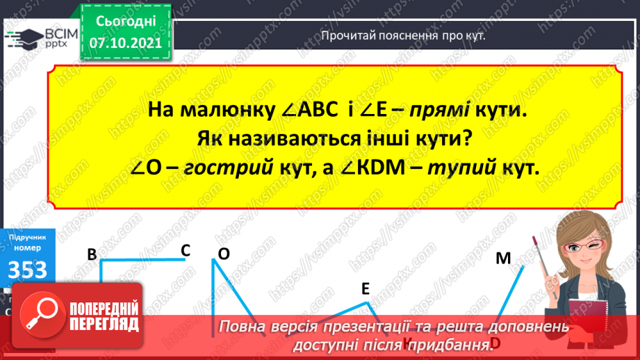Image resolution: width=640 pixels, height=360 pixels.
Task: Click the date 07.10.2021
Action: tap(125, 42)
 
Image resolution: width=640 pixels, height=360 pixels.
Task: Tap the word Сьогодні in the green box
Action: tap(125, 21)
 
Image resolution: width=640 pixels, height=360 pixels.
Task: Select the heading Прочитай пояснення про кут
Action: tap(402, 35)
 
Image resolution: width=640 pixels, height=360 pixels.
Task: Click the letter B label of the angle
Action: tap(91, 255)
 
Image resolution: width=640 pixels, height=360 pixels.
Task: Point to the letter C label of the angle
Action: tap(186, 250)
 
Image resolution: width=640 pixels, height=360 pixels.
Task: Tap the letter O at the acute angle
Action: tap(224, 254)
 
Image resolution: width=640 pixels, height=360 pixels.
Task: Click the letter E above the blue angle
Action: tap(365, 290)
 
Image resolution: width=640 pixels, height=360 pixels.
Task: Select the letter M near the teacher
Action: tap(503, 259)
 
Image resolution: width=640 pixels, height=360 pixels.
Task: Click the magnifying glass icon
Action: tap(37, 314)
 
